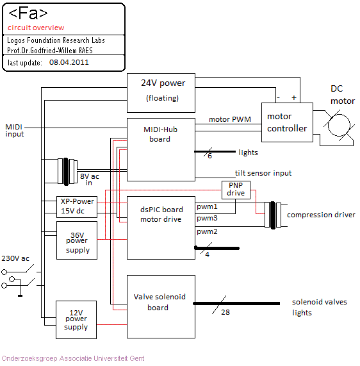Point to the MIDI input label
click(15, 131)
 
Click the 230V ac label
click(15, 258)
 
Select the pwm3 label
click(207, 218)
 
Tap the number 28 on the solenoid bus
click(225, 312)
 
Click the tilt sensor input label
click(263, 173)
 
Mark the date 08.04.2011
click(69, 62)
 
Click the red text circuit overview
click(36, 28)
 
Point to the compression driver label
click(321, 215)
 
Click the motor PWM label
click(230, 119)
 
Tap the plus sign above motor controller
click(294, 97)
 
